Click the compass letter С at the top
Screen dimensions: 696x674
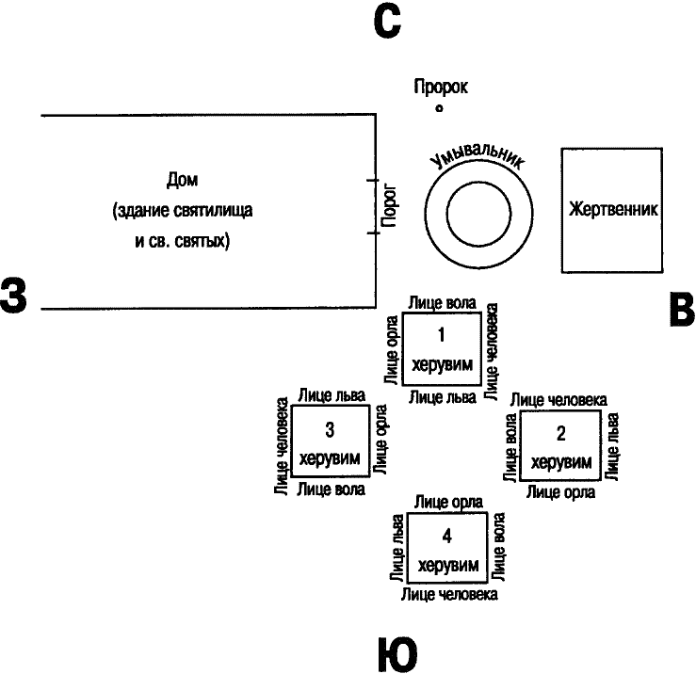coord(387,22)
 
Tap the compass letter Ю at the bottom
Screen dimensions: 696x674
coord(397,654)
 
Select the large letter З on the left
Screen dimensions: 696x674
coord(13,295)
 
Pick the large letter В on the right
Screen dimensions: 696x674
coord(682,310)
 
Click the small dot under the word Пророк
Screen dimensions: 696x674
coord(439,108)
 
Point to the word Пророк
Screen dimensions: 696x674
coord(441,86)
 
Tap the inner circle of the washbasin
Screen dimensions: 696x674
coord(479,182)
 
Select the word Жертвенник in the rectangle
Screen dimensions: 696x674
coord(613,209)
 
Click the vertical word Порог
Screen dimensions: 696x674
coord(389,205)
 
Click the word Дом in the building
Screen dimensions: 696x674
coord(182,180)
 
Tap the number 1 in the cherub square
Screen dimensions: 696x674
coord(441,334)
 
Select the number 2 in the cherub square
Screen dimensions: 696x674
coord(561,434)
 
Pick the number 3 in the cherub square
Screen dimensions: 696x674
coord(330,429)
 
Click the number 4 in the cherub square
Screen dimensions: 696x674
coord(447,537)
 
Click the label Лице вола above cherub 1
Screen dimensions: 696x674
coord(442,303)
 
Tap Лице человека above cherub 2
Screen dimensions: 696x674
coord(558,400)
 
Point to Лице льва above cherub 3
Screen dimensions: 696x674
coord(332,395)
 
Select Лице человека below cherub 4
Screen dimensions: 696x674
coord(449,595)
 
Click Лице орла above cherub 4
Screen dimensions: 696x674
coord(448,503)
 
